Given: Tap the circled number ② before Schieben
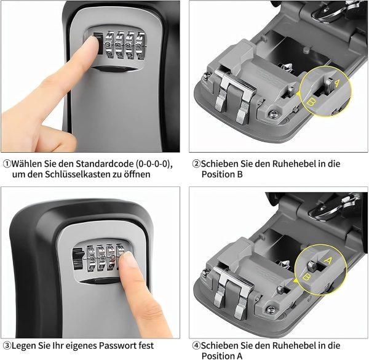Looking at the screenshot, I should point(196,164).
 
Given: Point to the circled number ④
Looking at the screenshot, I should point(196,345).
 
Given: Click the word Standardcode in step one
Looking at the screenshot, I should point(101,164).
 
